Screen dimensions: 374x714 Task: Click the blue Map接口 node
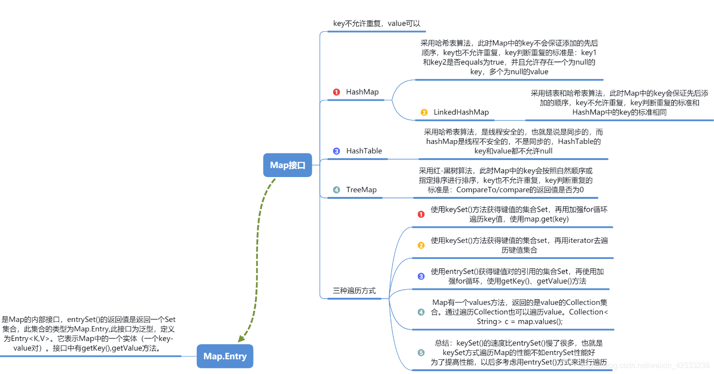[x=288, y=165]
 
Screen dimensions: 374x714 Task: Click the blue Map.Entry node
[x=225, y=356]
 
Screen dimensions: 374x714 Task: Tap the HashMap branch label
[x=362, y=92]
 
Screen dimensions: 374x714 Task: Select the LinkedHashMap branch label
[x=461, y=112]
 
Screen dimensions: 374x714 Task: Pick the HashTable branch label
[x=364, y=151]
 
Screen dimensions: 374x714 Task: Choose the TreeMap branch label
[x=361, y=189]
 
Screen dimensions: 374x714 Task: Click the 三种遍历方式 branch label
[x=354, y=290]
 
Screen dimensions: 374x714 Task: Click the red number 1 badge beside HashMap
[x=336, y=92]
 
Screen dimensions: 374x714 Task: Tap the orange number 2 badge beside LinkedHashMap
[x=424, y=113]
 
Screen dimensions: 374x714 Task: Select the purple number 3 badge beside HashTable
[x=336, y=151]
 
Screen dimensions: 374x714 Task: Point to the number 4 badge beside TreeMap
[x=336, y=190]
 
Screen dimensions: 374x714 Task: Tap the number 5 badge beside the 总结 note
[x=421, y=353]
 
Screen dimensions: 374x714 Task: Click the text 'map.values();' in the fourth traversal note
[x=540, y=321]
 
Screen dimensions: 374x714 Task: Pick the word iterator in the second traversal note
[x=573, y=240]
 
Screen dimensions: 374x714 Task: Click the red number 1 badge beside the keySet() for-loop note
[x=421, y=214]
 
